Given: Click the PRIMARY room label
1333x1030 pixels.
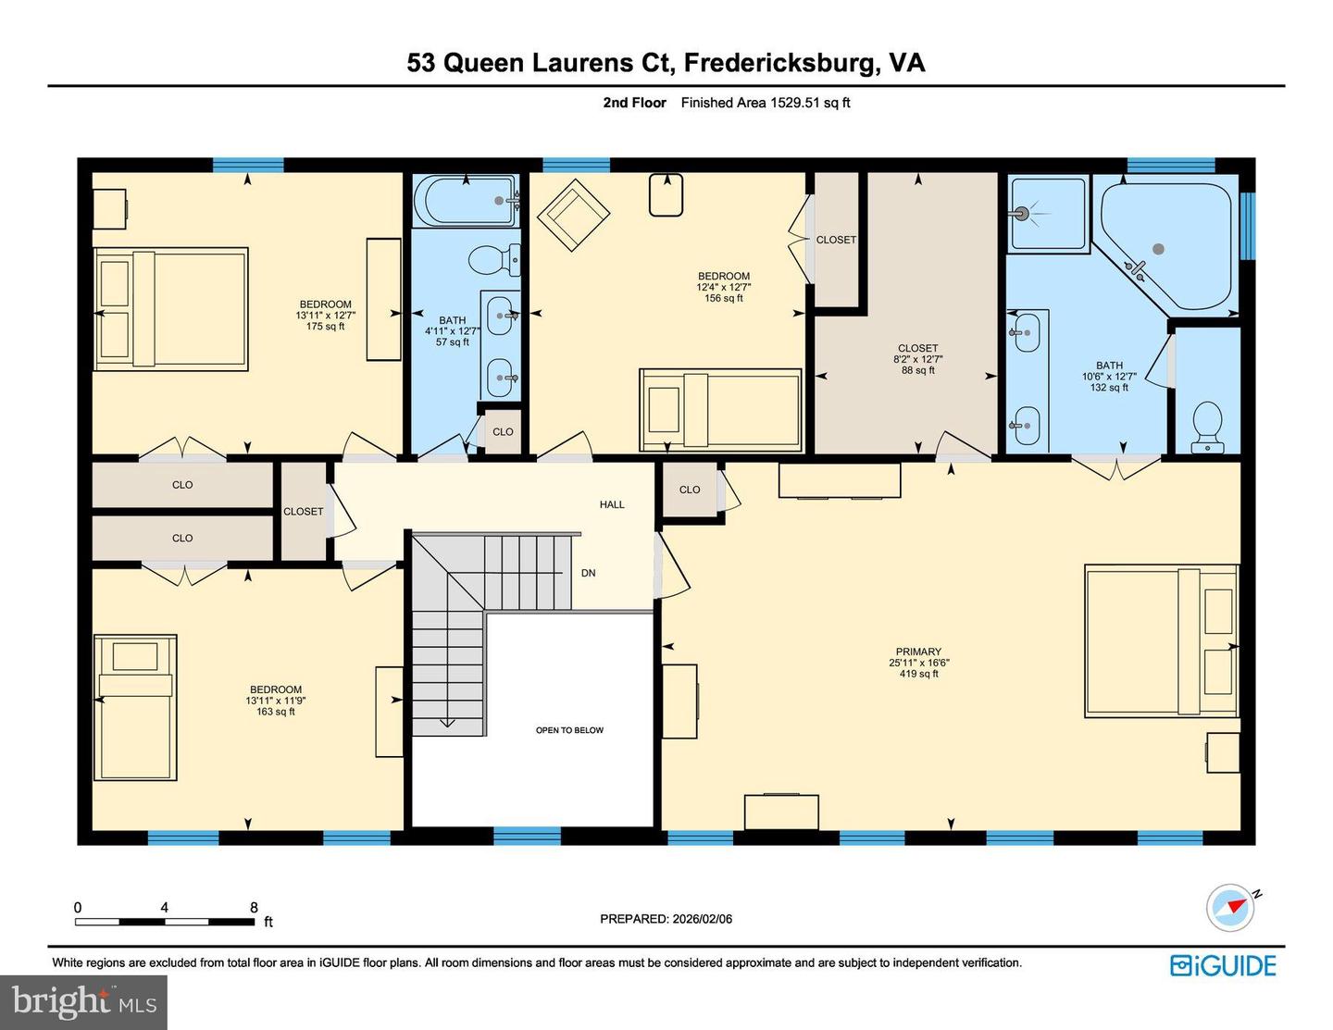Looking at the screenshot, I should tap(917, 652).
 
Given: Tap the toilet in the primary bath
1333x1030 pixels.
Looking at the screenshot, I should tap(1206, 428).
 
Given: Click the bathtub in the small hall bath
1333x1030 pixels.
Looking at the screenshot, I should tap(465, 201).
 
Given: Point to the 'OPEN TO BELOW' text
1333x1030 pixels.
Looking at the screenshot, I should tap(569, 730).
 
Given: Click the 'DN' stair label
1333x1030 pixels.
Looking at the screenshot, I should tap(588, 573).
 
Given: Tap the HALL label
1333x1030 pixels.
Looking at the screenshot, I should tap(612, 504).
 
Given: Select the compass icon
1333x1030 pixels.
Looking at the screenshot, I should tap(1230, 907).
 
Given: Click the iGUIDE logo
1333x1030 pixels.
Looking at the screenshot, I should tap(1223, 966).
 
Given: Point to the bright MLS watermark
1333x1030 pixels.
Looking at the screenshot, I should tap(83, 1002).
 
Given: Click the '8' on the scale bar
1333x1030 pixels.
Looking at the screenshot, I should tap(254, 908).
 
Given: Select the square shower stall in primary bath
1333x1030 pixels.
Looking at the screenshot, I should tap(1047, 214).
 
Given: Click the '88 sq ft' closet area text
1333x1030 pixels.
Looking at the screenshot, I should tap(917, 370).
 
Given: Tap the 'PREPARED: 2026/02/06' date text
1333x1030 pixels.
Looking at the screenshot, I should tap(666, 919).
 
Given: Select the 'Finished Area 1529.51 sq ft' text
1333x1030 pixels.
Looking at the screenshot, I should tap(765, 103).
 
